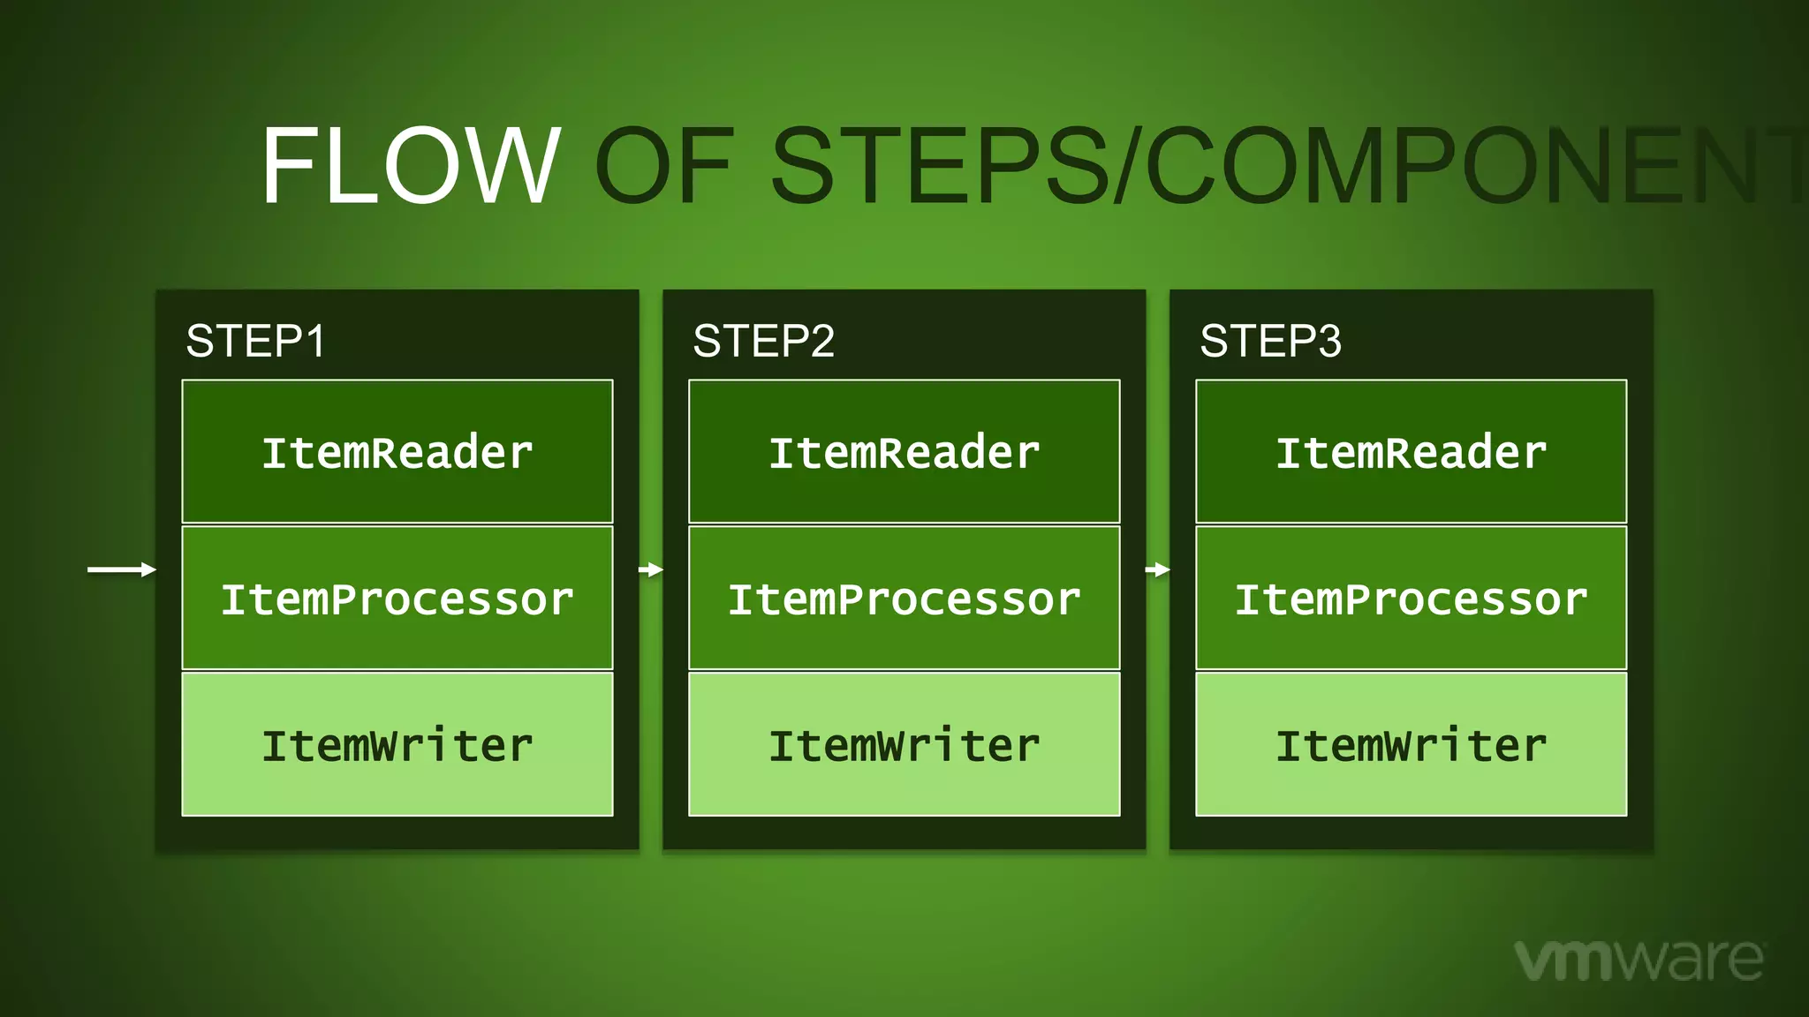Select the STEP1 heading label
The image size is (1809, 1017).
coord(256,341)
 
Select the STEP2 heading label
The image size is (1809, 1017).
coord(763,341)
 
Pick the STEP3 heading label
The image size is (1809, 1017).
coord(1270,341)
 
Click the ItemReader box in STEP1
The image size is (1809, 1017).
coord(397,452)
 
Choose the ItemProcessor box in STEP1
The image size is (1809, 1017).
coord(397,599)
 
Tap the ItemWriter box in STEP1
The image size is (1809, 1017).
coord(397,744)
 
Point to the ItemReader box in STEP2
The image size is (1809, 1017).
coord(904,452)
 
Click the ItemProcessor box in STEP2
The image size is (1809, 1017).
coord(904,599)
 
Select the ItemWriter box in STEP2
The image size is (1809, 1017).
coord(904,744)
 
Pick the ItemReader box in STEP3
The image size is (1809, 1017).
coord(1412,452)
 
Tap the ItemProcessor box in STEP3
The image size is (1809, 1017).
coord(1412,599)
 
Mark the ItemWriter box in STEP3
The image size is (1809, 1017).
coord(1412,744)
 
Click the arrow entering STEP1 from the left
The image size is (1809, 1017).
coord(122,569)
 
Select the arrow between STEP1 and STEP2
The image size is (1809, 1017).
coord(651,569)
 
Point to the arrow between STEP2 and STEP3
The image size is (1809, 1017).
coord(1158,569)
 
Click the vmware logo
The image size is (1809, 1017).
coord(1639,959)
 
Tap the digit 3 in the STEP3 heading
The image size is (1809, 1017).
coord(1328,341)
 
